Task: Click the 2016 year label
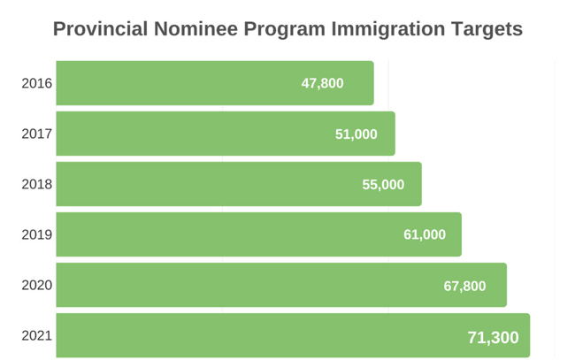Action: pos(37,84)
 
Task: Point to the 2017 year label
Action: pos(37,134)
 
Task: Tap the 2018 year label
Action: pos(37,185)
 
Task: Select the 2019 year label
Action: pos(37,235)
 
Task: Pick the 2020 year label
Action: pos(37,286)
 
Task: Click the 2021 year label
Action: pos(37,336)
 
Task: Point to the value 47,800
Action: pos(322,84)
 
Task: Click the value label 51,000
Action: pos(356,134)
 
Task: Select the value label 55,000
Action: pos(383,185)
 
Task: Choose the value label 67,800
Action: pos(464,286)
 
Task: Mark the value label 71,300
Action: pos(493,337)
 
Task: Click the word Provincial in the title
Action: pos(99,28)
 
